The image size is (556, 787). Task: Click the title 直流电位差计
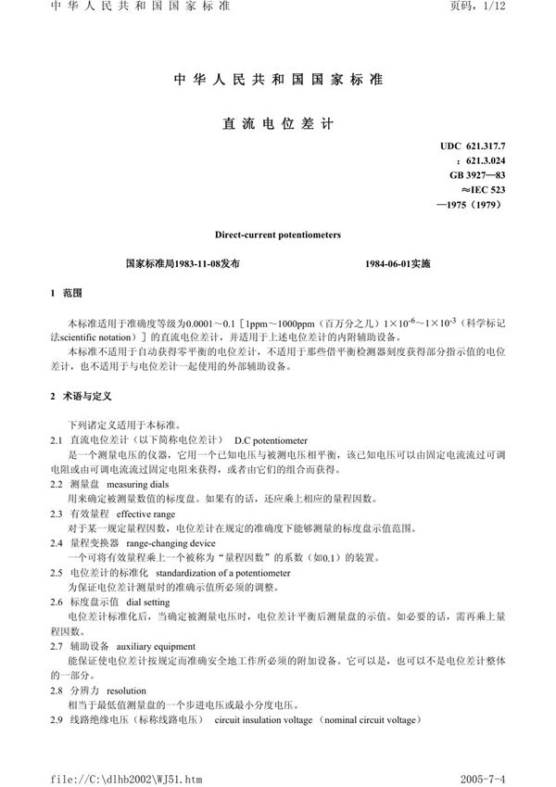(x=277, y=121)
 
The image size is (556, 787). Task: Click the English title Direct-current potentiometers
(x=277, y=235)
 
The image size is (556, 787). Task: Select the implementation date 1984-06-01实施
(x=398, y=263)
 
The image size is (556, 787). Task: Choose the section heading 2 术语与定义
(x=81, y=396)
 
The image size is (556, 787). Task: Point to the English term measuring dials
(x=138, y=486)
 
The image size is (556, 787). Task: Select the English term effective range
(x=146, y=513)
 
